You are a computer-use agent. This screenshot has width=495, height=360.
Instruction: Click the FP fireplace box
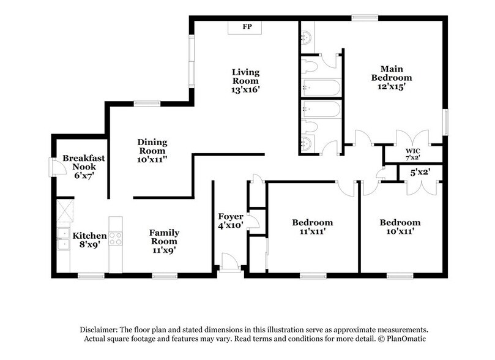(x=247, y=28)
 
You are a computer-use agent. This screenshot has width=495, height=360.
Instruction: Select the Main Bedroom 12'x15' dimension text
(x=396, y=87)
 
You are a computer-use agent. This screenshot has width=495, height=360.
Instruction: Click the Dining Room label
(x=152, y=147)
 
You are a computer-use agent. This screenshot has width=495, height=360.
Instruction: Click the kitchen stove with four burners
(x=116, y=236)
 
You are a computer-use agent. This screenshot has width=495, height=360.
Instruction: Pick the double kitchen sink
(x=62, y=239)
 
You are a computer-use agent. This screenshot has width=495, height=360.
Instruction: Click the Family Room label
(x=165, y=237)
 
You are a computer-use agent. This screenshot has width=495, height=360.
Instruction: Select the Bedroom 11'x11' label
(x=312, y=227)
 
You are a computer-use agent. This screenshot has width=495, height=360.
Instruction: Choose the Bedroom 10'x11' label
(x=400, y=227)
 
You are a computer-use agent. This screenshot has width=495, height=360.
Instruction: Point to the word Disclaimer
(x=99, y=329)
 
